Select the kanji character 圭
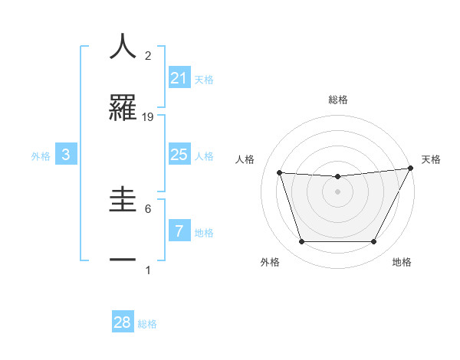123,199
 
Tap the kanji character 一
123,261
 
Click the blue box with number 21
179,78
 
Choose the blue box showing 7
179,231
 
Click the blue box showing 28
123,322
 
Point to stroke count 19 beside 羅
149,117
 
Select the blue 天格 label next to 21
204,79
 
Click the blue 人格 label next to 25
204,156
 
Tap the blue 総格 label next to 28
147,323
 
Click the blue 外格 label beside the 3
41,156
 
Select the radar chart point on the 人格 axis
280,172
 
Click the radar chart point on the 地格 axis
373,242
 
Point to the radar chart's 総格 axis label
337,100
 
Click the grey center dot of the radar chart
337,191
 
